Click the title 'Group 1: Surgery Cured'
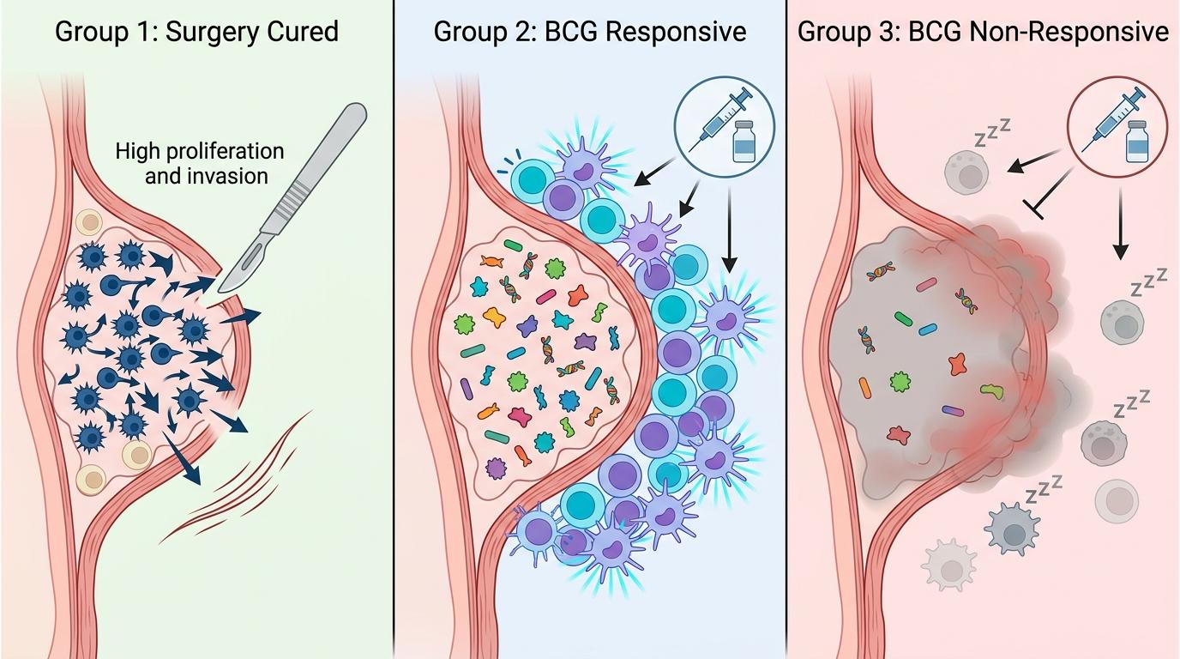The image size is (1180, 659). coord(196,33)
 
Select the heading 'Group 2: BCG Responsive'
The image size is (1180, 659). coord(590,33)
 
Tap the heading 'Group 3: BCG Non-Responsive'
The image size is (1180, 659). coord(983,33)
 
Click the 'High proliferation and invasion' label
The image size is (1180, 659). coord(199,163)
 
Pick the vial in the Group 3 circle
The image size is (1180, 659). coord(1137,142)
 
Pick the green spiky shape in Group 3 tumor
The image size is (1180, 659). coord(900,378)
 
